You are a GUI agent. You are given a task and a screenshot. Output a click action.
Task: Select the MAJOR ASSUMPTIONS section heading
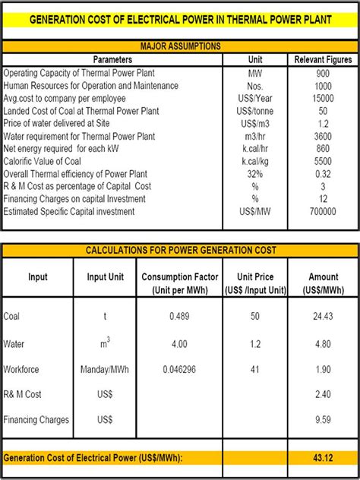[180, 46]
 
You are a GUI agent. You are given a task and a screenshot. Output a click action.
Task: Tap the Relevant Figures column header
[324, 59]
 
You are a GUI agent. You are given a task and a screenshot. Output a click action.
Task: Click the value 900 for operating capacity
[324, 74]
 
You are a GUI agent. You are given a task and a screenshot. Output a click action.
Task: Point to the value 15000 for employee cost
[324, 99]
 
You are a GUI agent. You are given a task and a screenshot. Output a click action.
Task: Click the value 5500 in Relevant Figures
[324, 162]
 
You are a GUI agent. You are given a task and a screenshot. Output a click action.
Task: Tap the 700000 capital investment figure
[324, 212]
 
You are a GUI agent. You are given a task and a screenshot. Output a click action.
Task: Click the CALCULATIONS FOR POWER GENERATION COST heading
[180, 250]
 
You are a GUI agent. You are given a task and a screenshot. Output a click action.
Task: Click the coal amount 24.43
[324, 316]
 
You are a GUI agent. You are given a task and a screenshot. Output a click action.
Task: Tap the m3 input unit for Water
[106, 343]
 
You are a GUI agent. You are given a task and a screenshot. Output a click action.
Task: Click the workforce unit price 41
[255, 369]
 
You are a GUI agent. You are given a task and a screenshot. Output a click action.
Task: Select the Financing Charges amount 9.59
[324, 420]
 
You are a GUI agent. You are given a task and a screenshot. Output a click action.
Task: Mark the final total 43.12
[324, 457]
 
